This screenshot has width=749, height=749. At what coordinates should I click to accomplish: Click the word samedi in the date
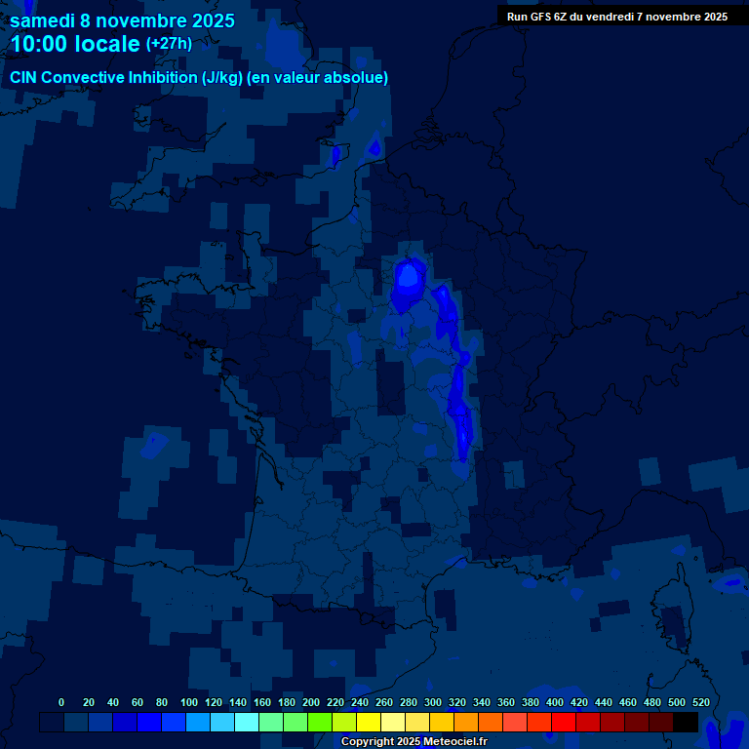pyautogui.click(x=43, y=20)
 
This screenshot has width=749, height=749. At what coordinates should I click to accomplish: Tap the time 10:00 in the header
pyautogui.click(x=39, y=44)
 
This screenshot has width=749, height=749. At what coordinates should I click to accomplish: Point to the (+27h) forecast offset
pyautogui.click(x=169, y=44)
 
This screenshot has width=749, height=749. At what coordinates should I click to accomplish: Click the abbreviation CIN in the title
pyautogui.click(x=24, y=78)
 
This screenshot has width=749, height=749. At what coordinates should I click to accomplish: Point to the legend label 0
pyautogui.click(x=61, y=702)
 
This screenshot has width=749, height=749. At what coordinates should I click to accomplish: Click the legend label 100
pyautogui.click(x=189, y=702)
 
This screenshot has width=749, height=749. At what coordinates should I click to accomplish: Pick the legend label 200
pyautogui.click(x=311, y=702)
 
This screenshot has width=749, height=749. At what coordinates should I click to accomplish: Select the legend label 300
pyautogui.click(x=433, y=702)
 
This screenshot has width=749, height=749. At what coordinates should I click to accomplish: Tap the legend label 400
pyautogui.click(x=555, y=702)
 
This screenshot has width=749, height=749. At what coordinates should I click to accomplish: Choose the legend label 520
pyautogui.click(x=700, y=702)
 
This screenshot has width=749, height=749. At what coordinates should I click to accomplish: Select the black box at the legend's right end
pyautogui.click(x=686, y=723)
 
